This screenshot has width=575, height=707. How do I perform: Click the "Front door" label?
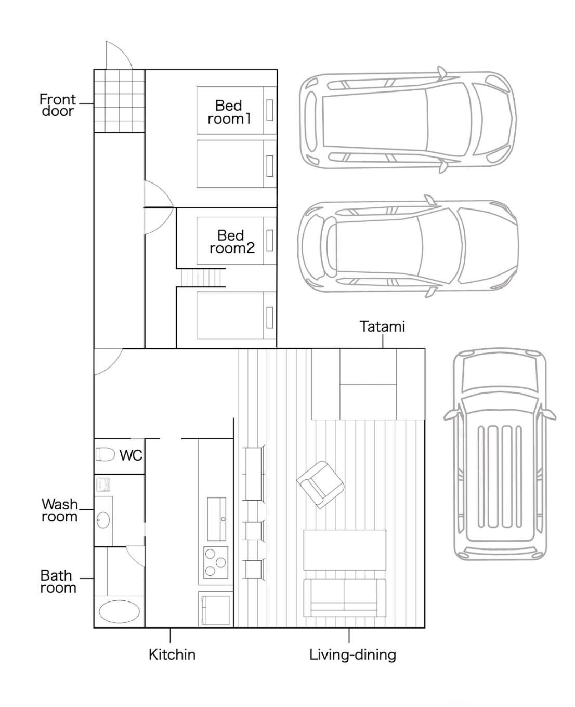pos(57,105)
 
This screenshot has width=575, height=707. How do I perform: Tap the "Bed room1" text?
pos(229,112)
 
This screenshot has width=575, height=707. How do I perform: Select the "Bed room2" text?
pos(232,242)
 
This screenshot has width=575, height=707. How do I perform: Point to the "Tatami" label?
pos(382,326)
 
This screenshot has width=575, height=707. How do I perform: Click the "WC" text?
pos(131,455)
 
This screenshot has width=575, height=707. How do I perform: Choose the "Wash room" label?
pos(59,510)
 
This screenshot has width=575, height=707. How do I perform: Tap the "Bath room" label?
pos(58,582)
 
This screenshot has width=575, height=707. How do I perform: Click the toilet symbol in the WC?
pos(105,454)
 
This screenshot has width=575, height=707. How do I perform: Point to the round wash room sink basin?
pos(103,520)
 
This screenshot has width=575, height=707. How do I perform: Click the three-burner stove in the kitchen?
pos(216,562)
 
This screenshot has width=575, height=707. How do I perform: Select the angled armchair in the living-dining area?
pos(320,485)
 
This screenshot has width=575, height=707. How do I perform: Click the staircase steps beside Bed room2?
pos(201,278)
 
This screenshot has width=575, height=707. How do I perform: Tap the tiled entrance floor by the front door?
pos(119,101)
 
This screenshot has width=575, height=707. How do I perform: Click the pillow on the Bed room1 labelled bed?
pos(270,110)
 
